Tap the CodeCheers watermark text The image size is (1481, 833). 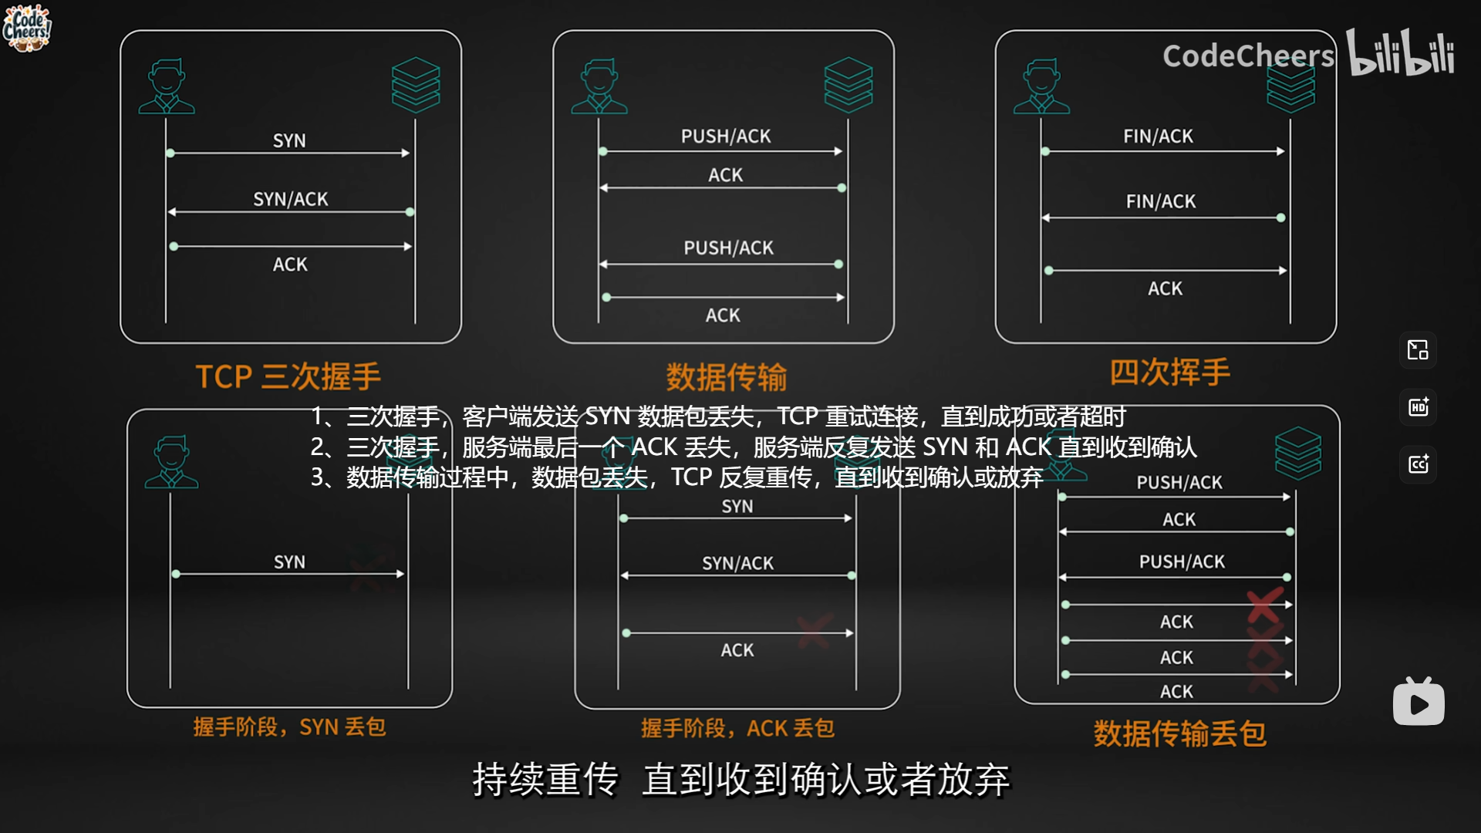pyautogui.click(x=1248, y=56)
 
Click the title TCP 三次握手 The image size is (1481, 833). pyautogui.click(x=288, y=376)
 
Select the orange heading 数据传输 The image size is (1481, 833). pyautogui.click(x=726, y=377)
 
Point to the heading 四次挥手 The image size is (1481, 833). pyautogui.click(x=1169, y=372)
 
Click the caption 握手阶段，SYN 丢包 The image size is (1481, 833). pyautogui.click(x=289, y=727)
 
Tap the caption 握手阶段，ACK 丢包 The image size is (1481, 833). pyautogui.click(x=737, y=727)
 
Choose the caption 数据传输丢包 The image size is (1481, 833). pyautogui.click(x=1179, y=733)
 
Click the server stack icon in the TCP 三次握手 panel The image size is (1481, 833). pyautogui.click(x=416, y=84)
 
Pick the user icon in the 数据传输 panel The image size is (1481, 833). pyautogui.click(x=599, y=86)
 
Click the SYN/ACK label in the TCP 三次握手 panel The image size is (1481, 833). pyautogui.click(x=291, y=199)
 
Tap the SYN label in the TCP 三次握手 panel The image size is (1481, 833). pyautogui.click(x=289, y=140)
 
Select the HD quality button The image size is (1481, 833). pyautogui.click(x=1418, y=407)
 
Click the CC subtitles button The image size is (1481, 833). pyautogui.click(x=1418, y=464)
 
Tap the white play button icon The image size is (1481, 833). pyautogui.click(x=1419, y=703)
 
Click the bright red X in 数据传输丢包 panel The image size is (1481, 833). pyautogui.click(x=1265, y=605)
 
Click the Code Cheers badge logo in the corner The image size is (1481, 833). pyautogui.click(x=27, y=28)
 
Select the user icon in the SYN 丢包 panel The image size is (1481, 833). pyautogui.click(x=171, y=462)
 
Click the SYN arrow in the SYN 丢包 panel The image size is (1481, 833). pyautogui.click(x=288, y=574)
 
